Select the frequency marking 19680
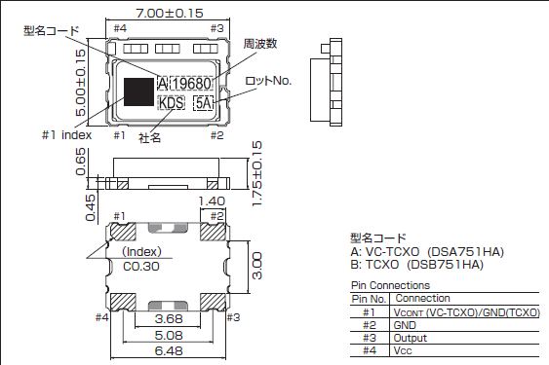(192, 83)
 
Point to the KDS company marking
(170, 102)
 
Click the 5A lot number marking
(204, 102)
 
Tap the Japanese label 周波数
(257, 44)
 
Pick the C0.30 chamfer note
(141, 264)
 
